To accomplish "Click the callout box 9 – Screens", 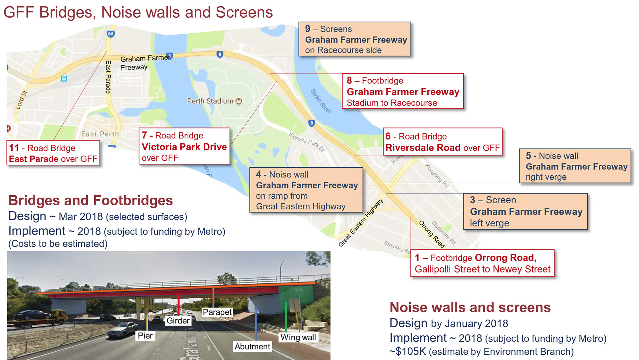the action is pos(355,39).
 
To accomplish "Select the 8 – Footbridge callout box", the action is pos(403,91).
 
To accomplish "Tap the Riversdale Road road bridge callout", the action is pos(442,142).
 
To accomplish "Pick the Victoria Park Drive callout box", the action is pos(184,146).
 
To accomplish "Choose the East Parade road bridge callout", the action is pos(53,153).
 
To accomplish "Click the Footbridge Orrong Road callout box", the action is pos(483,263).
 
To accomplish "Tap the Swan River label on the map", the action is pos(321,101).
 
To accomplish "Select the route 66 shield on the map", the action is pos(110,34).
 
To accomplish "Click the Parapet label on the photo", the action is pos(217,312).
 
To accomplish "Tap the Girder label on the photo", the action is pos(178,321).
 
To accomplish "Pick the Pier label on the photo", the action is pos(145,336).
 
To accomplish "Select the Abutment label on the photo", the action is pos(252,347).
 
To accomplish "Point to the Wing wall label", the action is pos(298,337).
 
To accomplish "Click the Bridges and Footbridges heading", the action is pos(91,201).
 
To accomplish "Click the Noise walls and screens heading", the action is pos(470,307).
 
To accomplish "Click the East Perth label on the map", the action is pos(100,134).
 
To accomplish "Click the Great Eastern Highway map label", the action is pos(361,223).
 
